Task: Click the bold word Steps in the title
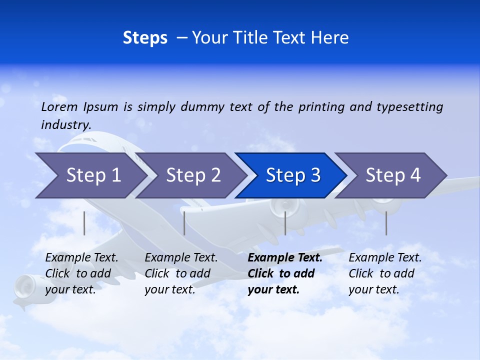[x=145, y=38]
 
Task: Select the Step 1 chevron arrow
[x=90, y=175]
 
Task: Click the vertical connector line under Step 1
[x=84, y=223]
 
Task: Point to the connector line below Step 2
[x=184, y=223]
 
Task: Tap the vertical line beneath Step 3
[x=285, y=223]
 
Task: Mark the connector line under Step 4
[x=386, y=223]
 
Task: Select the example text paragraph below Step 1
[x=81, y=273]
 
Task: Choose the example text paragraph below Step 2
[x=181, y=273]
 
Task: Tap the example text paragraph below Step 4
[x=385, y=273]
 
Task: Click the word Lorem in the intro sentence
[x=59, y=107]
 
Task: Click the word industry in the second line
[x=65, y=124]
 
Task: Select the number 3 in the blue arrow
[x=315, y=175]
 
